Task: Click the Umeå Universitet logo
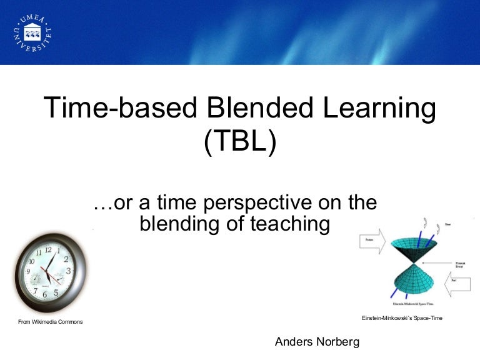(32, 32)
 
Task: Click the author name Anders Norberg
(317, 342)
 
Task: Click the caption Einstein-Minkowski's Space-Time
(402, 319)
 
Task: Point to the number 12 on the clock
(49, 250)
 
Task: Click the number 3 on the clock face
(69, 271)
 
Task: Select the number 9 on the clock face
(28, 272)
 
